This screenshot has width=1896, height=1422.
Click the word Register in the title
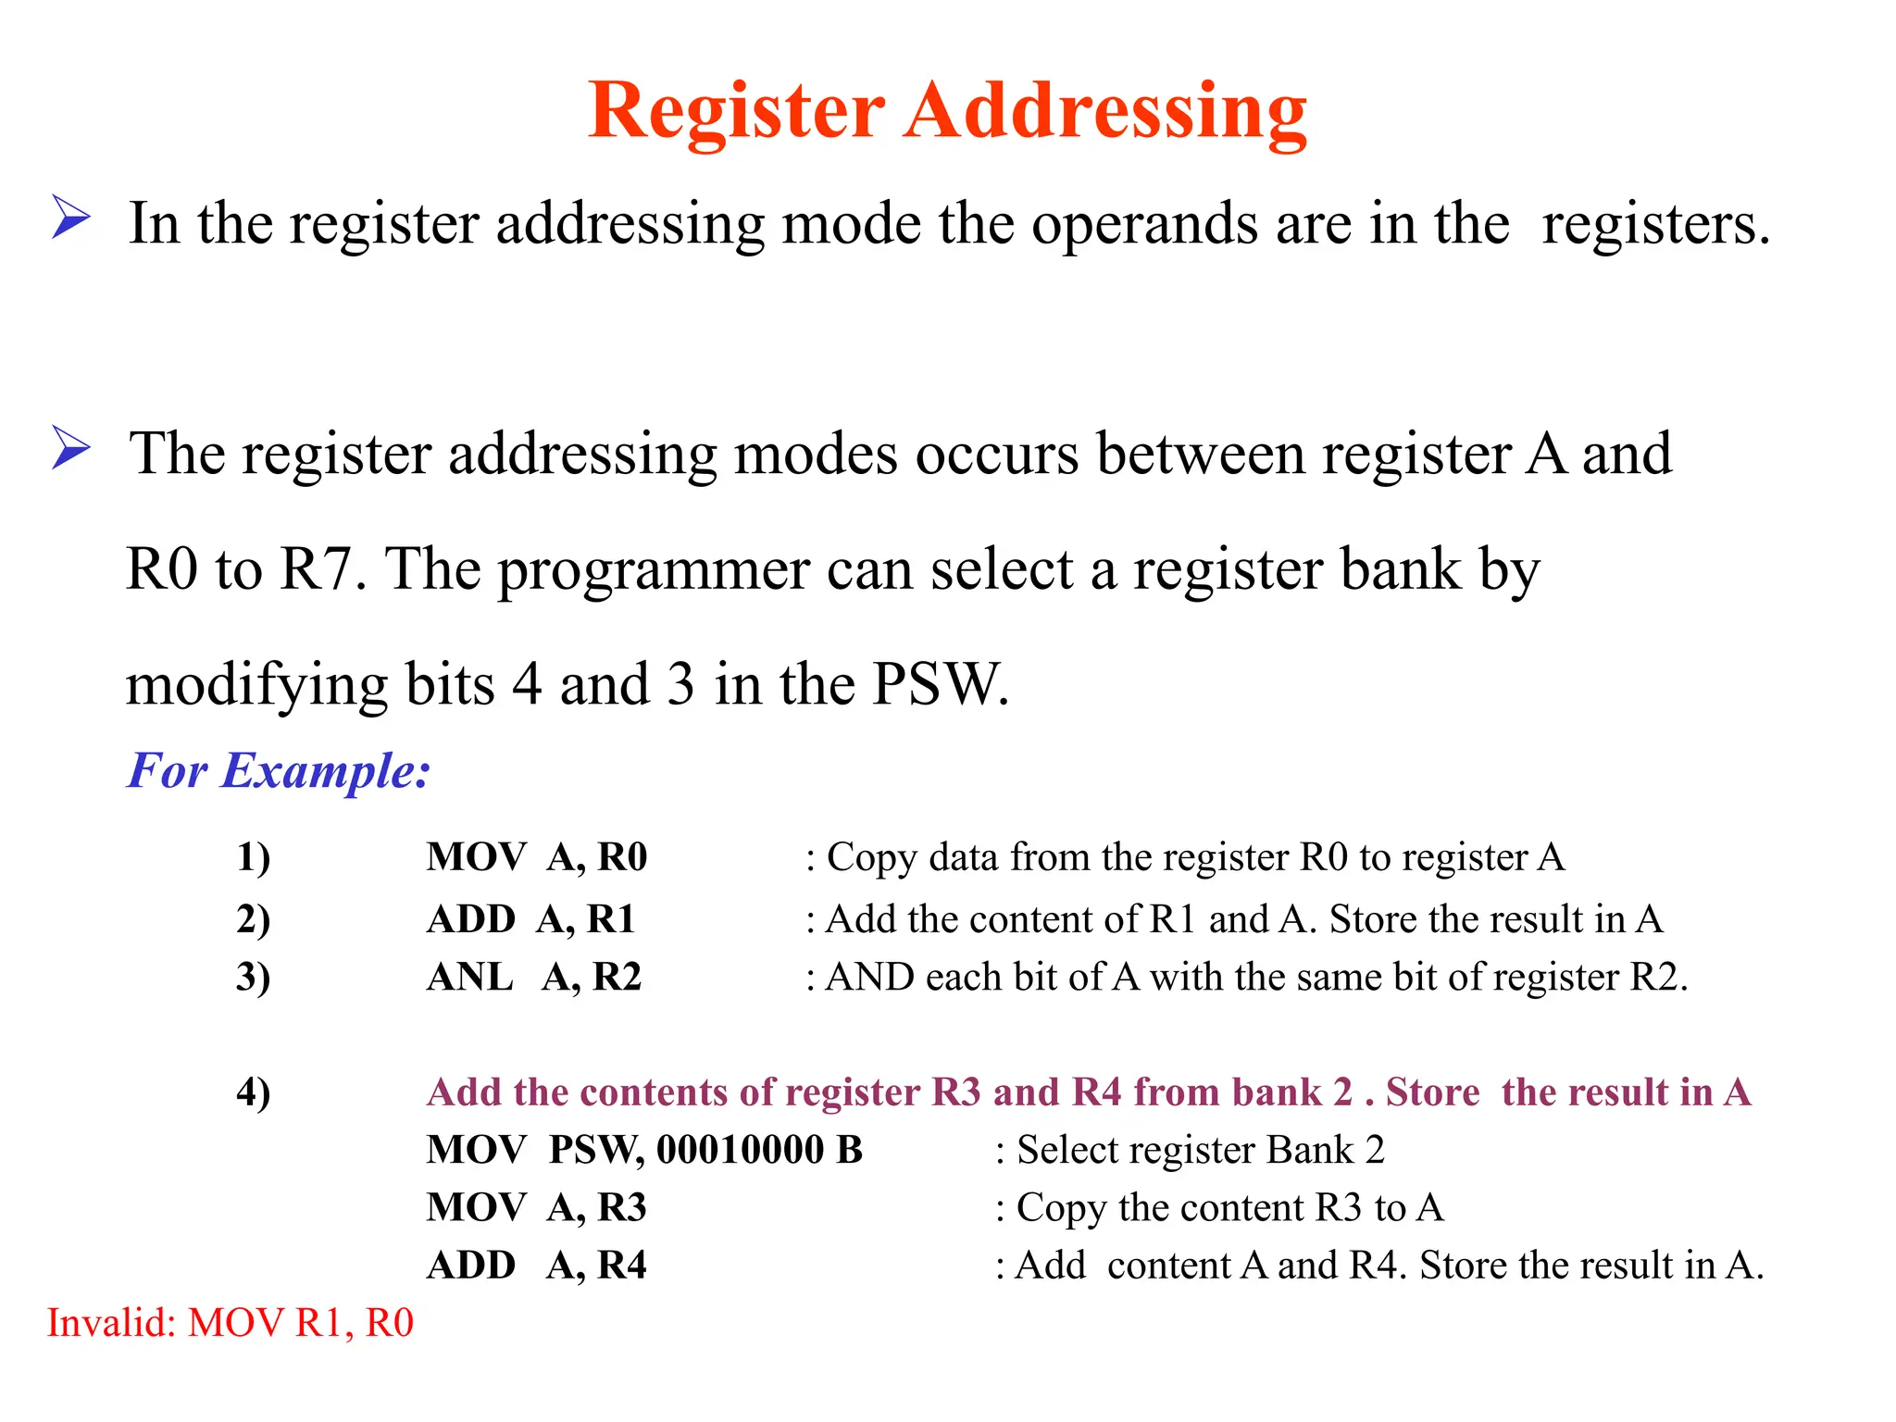[737, 111]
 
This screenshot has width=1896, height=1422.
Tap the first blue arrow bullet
[70, 218]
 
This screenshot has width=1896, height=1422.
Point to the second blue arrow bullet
[70, 448]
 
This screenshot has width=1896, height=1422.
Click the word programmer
[655, 568]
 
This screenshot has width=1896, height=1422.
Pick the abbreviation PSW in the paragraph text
[939, 684]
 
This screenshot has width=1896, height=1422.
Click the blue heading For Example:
[279, 770]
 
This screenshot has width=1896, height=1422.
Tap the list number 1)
[253, 857]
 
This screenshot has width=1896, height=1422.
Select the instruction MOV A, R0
[536, 857]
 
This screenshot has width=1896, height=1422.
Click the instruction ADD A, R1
[530, 919]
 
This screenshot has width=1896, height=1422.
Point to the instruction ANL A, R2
[533, 977]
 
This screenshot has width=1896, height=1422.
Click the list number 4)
[253, 1092]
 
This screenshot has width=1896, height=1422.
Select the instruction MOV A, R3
[536, 1207]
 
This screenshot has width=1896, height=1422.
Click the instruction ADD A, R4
[536, 1265]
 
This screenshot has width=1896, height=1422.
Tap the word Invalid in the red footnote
[110, 1322]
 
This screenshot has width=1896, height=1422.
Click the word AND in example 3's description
[869, 977]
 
